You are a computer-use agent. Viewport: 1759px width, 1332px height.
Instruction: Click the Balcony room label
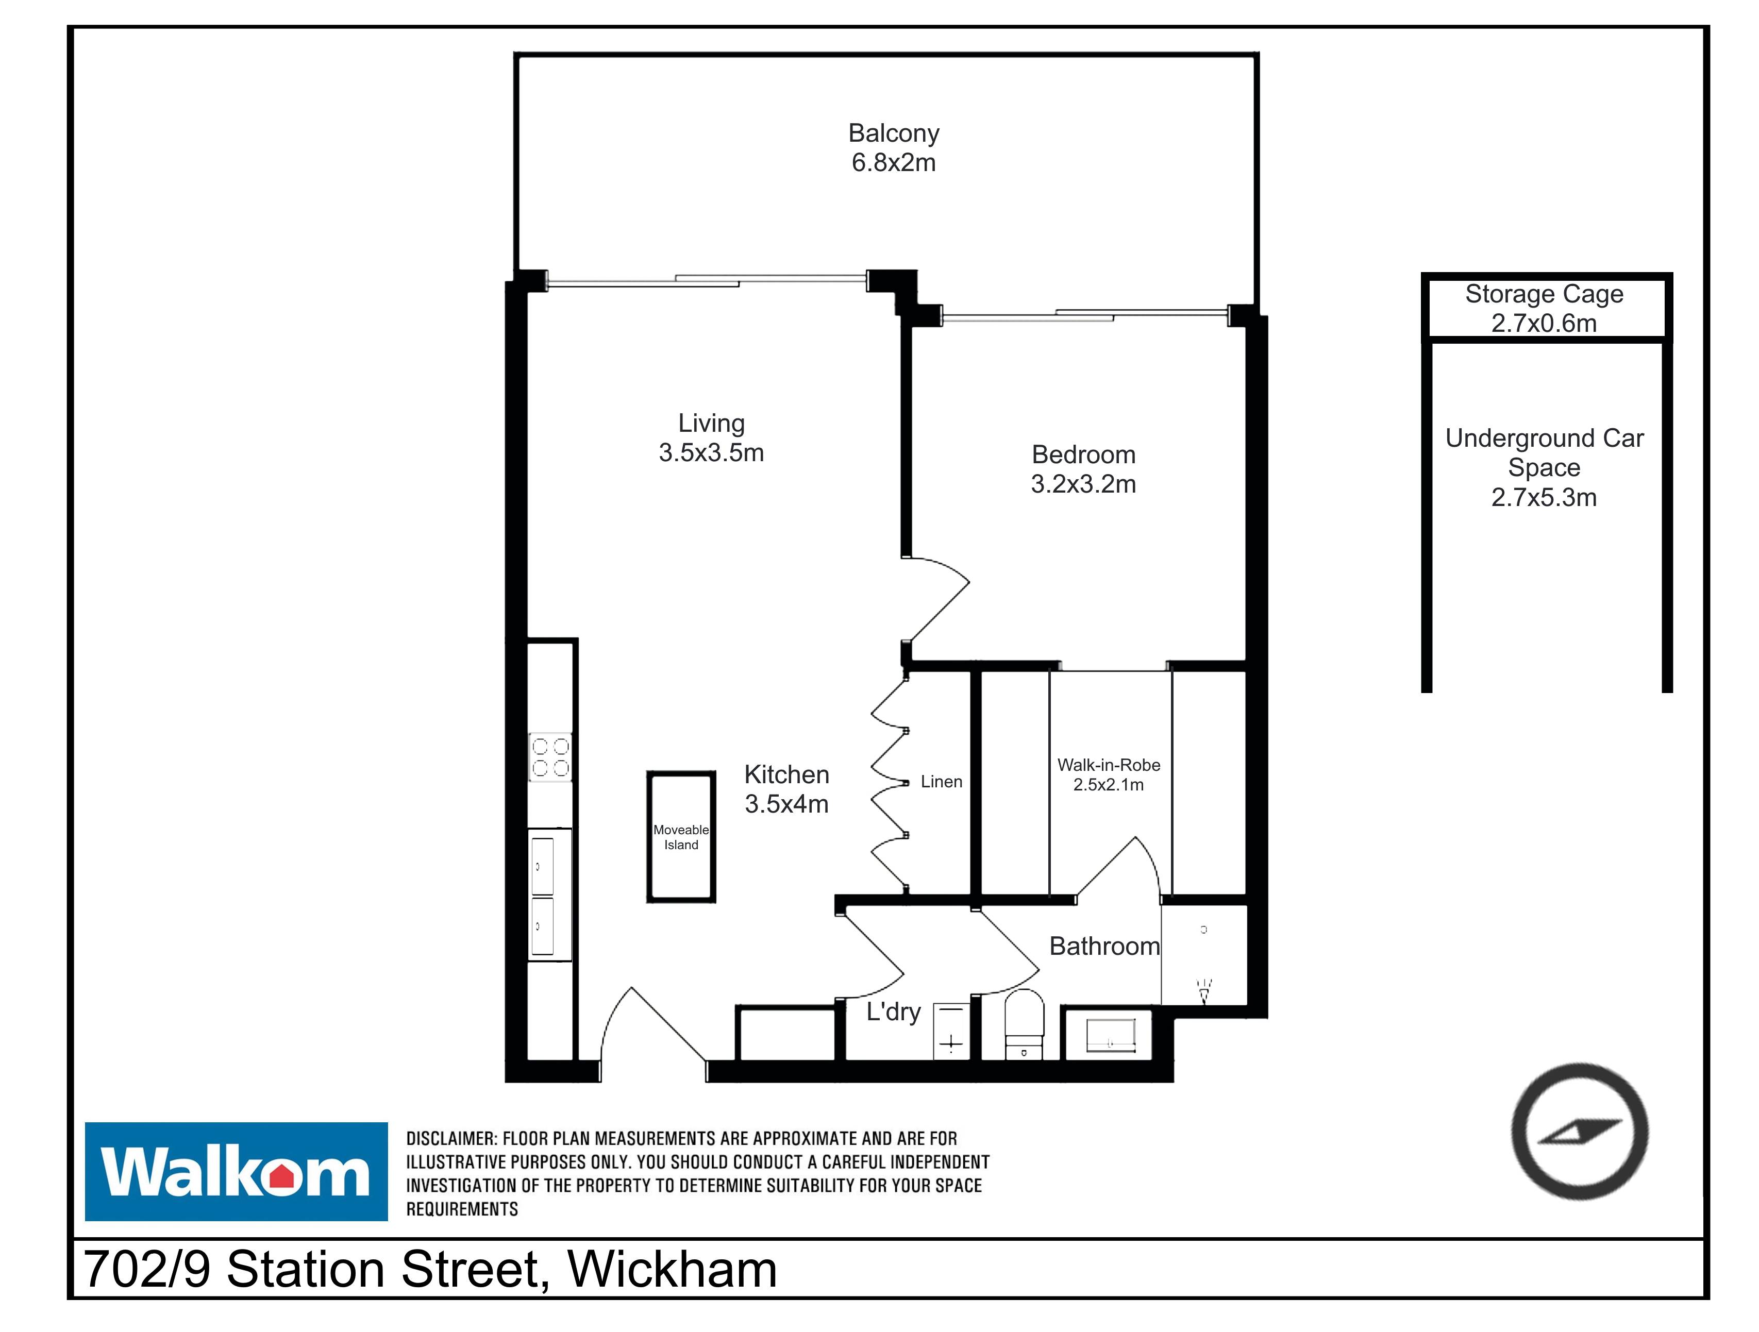point(894,133)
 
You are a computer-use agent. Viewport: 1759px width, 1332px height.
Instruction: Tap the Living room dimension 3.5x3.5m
point(711,452)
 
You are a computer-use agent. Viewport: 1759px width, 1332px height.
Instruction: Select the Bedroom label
point(1083,455)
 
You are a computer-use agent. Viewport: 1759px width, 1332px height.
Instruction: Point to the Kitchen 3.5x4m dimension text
point(786,804)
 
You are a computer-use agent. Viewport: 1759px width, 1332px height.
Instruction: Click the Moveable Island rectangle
point(681,837)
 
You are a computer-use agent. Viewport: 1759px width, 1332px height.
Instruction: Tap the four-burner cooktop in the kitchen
point(550,757)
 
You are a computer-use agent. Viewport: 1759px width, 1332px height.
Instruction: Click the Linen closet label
point(942,782)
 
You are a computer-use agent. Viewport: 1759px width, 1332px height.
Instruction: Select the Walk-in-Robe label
point(1109,765)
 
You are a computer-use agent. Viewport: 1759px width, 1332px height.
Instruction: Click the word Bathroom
point(1104,947)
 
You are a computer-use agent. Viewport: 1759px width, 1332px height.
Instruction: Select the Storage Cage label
point(1544,294)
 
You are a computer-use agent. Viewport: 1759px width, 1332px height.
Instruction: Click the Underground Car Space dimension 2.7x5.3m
point(1544,498)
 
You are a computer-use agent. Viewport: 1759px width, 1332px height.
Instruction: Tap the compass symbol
point(1579,1132)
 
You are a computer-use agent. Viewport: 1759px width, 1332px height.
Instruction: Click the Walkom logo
point(236,1171)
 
